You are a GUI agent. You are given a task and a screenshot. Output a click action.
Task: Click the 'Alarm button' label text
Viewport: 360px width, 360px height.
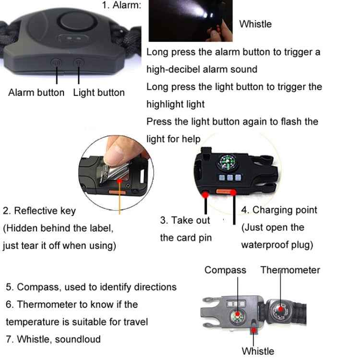pyautogui.click(x=36, y=93)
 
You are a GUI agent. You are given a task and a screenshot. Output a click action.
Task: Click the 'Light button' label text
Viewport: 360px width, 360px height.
pyautogui.click(x=98, y=93)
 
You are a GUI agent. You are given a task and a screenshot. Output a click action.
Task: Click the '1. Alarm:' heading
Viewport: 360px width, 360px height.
pyautogui.click(x=121, y=6)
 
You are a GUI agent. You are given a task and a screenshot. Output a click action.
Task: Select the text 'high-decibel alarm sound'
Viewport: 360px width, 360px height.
pyautogui.click(x=202, y=69)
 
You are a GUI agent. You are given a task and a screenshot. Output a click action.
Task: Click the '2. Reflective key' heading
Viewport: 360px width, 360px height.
pyautogui.click(x=39, y=210)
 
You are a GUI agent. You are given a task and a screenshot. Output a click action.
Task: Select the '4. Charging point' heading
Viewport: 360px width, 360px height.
pyautogui.click(x=279, y=210)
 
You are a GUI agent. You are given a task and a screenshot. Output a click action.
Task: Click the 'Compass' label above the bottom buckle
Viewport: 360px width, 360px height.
pyautogui.click(x=225, y=270)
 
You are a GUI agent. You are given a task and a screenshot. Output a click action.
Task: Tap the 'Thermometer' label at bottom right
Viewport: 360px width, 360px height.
pyautogui.click(x=290, y=270)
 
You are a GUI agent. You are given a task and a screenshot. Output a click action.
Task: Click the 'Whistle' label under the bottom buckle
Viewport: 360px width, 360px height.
pyautogui.click(x=258, y=351)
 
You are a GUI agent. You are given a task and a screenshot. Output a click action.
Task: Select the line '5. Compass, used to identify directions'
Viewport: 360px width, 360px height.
pyautogui.click(x=91, y=287)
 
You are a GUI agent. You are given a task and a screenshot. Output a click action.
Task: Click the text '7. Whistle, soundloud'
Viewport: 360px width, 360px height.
pyautogui.click(x=53, y=339)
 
